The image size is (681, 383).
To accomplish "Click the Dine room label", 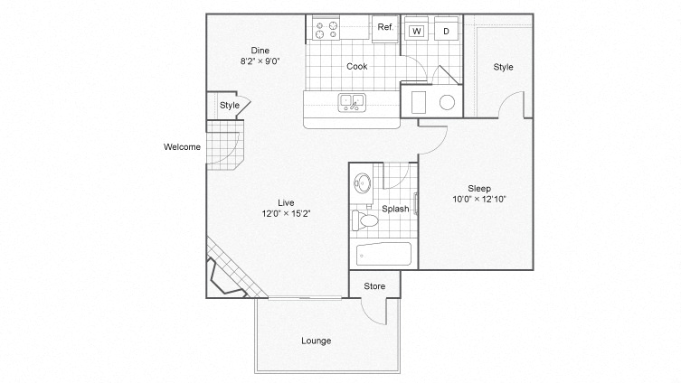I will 260,50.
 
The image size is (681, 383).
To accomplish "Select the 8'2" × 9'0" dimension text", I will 260,61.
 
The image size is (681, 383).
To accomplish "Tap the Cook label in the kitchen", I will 356,66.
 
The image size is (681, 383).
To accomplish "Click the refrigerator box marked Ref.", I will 384,28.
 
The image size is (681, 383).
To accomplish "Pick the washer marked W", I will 416,30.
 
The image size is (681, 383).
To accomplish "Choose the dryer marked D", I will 445,30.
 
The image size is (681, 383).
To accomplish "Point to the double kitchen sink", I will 351,101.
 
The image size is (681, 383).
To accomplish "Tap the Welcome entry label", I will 182,147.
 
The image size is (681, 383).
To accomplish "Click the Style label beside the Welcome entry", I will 230,106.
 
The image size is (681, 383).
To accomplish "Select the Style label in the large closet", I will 503,67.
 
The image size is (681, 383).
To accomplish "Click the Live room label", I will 286,202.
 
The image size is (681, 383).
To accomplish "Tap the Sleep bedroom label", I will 479,188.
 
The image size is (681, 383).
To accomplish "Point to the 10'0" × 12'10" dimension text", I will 479,200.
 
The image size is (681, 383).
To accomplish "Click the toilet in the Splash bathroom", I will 368,220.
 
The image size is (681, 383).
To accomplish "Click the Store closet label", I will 374,286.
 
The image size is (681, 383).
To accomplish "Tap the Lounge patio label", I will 317,341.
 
